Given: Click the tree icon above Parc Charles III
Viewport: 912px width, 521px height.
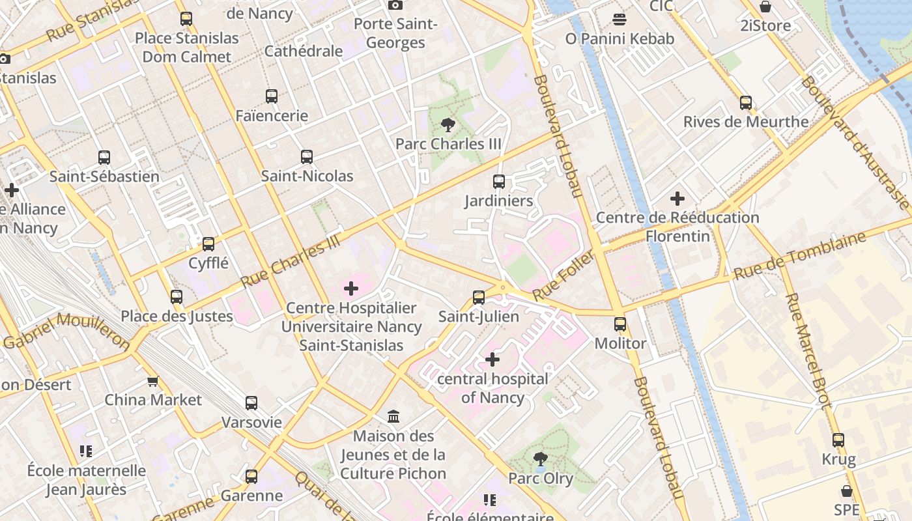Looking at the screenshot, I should (448, 124).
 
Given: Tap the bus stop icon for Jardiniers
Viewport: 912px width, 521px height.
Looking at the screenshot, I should (499, 182).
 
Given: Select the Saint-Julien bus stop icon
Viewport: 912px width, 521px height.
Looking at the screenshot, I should (479, 298).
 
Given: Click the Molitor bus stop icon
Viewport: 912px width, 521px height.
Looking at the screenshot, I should (620, 324).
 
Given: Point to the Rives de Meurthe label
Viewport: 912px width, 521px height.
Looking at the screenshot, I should (746, 122).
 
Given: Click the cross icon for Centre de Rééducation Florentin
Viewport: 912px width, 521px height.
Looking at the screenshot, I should (677, 198).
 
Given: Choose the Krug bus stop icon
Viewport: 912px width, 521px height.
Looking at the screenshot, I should (838, 440).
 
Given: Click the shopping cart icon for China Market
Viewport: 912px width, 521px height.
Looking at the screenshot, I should (152, 381).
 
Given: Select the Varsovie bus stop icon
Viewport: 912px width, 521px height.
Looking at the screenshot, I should (251, 403).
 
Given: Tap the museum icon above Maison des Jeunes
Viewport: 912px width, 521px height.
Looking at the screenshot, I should (393, 416).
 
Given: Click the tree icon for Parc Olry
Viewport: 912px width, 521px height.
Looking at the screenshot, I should (540, 459).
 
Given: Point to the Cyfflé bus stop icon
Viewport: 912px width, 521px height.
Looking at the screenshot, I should (208, 244).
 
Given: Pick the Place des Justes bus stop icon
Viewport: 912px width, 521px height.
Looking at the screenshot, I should (177, 297).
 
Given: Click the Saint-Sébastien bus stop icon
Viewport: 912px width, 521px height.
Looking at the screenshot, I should (104, 157).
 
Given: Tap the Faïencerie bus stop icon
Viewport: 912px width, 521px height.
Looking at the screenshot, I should (272, 96).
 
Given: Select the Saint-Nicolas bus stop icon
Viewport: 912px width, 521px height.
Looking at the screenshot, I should (307, 157).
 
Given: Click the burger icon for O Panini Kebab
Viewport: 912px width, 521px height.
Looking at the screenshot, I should (620, 19).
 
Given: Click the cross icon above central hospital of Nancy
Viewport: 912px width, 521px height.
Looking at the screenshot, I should (492, 359).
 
